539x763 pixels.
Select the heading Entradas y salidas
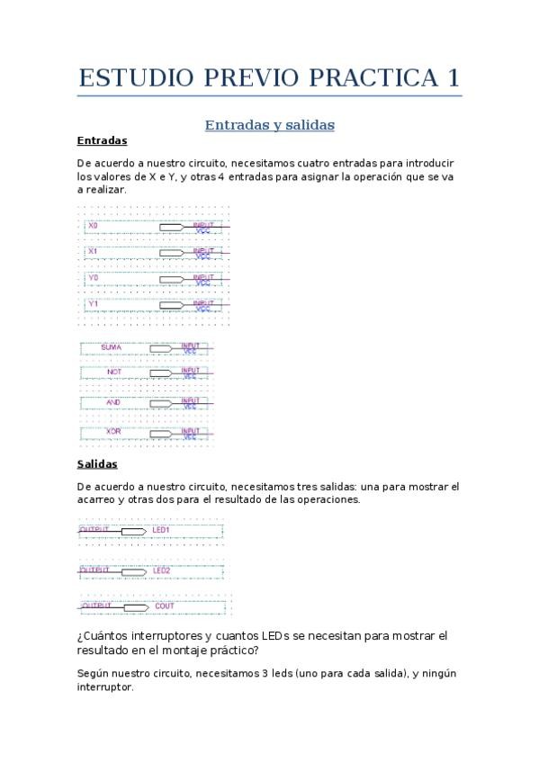point(269,125)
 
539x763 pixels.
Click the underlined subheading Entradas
point(102,141)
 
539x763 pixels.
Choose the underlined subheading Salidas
point(97,464)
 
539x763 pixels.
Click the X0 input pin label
point(93,225)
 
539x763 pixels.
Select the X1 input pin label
point(93,251)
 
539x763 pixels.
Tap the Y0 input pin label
point(93,279)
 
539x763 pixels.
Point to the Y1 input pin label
point(93,305)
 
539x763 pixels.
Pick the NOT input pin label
point(113,372)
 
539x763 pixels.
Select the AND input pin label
point(113,402)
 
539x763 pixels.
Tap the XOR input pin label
point(113,432)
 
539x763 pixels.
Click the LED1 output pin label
point(162,531)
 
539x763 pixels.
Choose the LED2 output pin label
point(162,570)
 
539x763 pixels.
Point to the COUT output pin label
point(165,606)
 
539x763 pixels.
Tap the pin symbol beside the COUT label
point(135,607)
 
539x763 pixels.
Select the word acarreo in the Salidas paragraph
point(98,498)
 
